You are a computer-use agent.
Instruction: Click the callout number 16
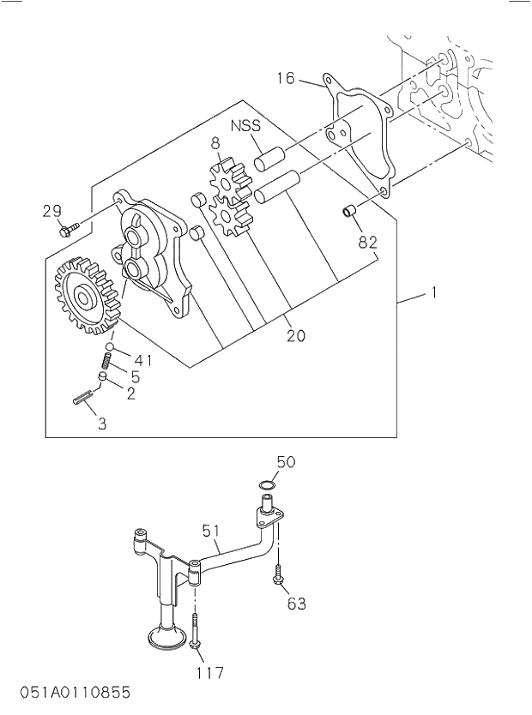point(286,79)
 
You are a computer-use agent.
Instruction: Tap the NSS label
point(245,125)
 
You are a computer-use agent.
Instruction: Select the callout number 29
point(51,211)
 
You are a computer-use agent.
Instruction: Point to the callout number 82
point(367,243)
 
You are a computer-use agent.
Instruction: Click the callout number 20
point(295,336)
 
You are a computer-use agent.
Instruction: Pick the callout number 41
point(143,360)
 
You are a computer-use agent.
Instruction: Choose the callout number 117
point(209,672)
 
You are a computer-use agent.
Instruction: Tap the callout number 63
point(295,604)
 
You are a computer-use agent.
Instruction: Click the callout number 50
point(286,462)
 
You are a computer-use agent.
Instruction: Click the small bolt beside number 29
point(70,229)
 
